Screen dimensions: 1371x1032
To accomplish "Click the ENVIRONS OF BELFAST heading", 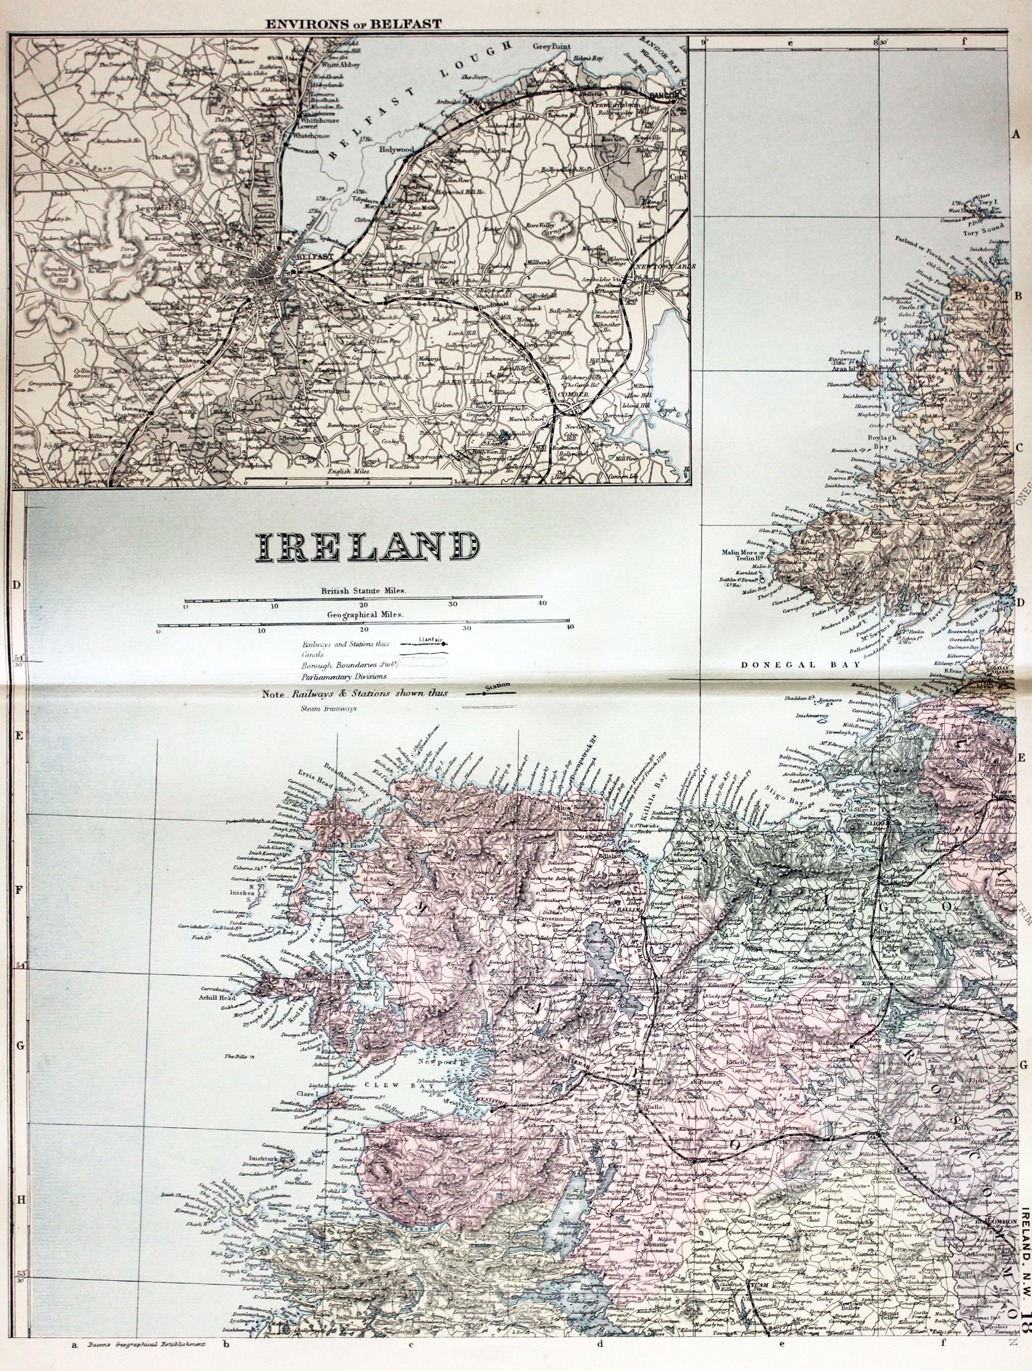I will tap(353, 24).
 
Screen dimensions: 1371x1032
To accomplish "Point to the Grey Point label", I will tap(551, 47).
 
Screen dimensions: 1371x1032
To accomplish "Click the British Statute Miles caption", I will tap(363, 590).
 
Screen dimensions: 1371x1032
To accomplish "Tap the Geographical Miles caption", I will tap(363, 614).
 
